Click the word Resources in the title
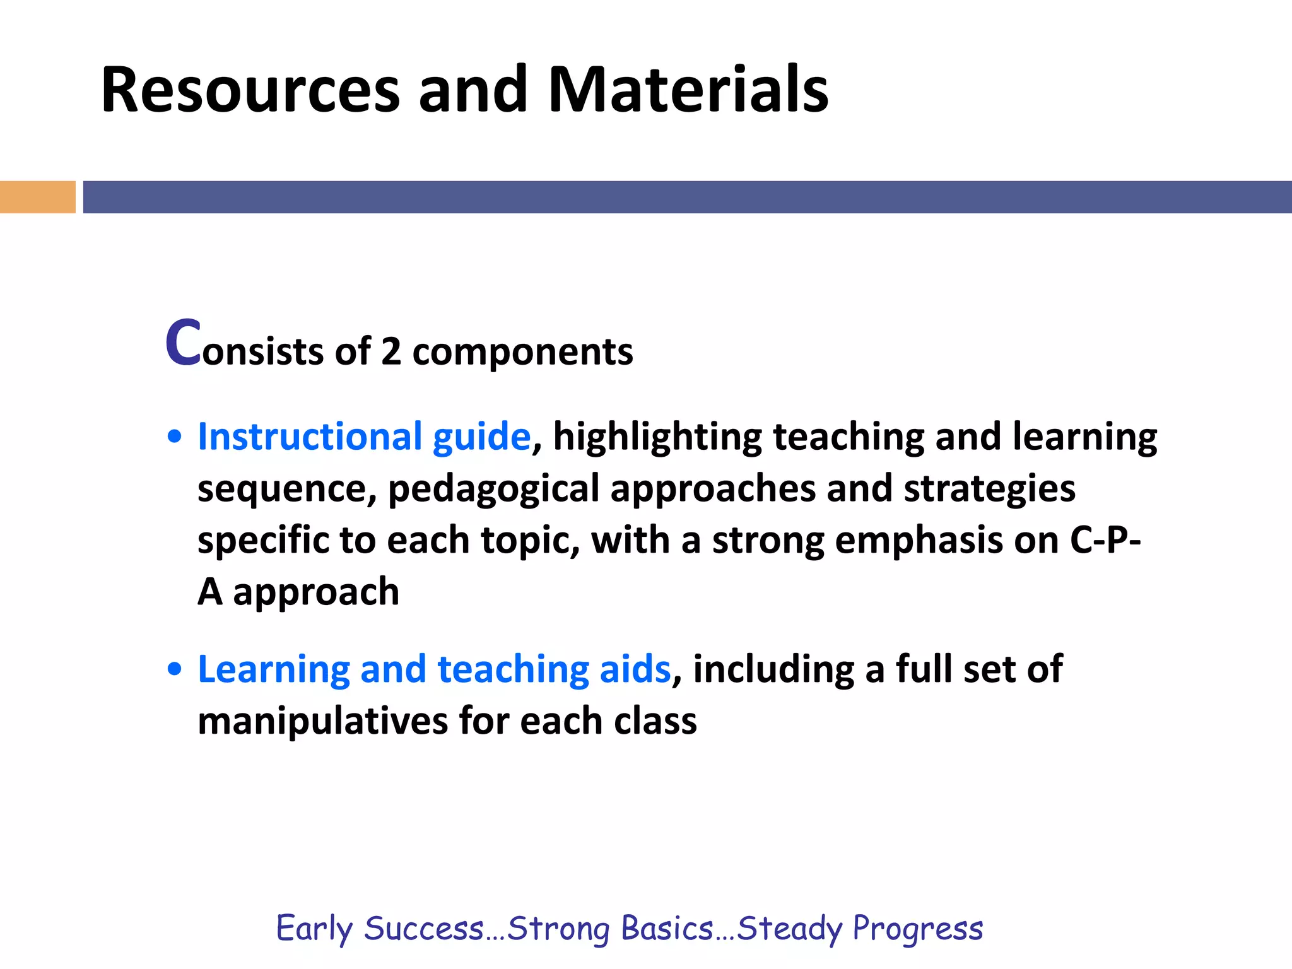[250, 90]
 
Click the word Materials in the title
[688, 90]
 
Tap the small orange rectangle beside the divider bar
[37, 197]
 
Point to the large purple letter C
[183, 343]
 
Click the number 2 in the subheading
[391, 351]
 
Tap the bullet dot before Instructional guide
[175, 437]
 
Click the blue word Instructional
[310, 437]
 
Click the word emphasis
[919, 541]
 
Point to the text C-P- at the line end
[1105, 540]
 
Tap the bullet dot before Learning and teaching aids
[175, 669]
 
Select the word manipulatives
[322, 722]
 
